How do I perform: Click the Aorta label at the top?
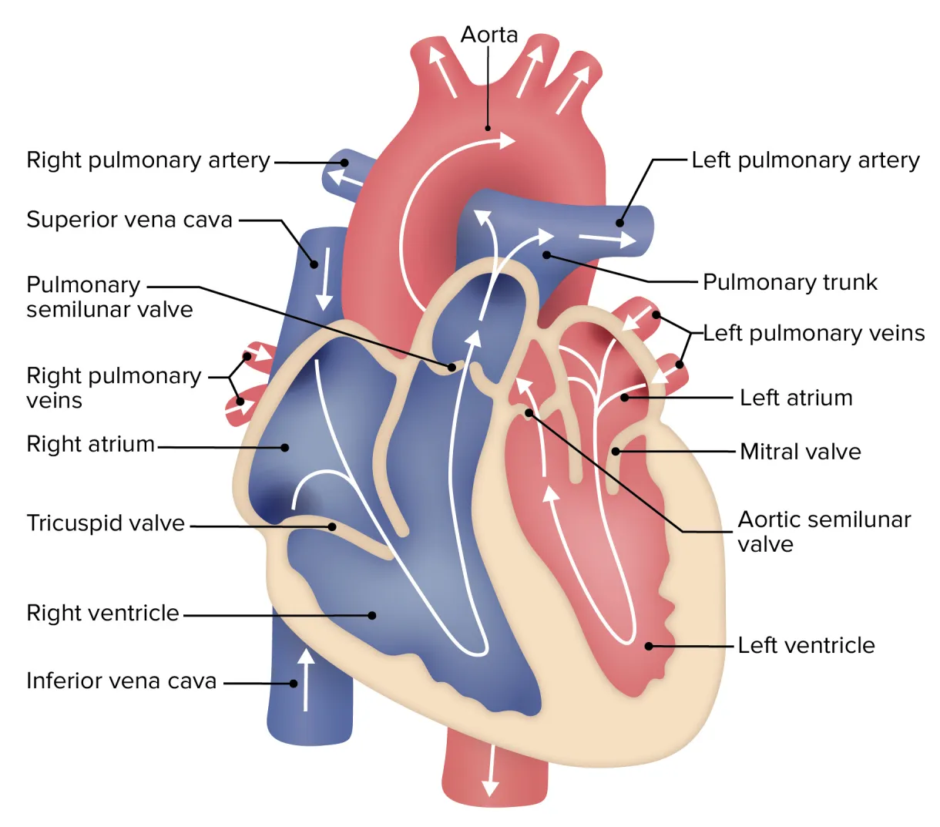point(488,35)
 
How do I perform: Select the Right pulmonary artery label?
point(148,160)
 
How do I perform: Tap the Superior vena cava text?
point(129,220)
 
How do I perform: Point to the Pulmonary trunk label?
point(790,282)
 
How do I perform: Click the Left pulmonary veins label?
point(814,333)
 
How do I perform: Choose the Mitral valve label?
point(800,452)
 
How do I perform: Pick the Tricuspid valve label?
point(106,523)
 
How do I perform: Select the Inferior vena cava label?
point(121,681)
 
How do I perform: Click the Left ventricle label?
point(806,645)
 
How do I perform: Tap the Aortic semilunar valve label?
point(824,532)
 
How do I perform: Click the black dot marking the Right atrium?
point(285,447)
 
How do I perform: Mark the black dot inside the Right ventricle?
point(372,615)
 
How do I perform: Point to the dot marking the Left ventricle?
point(649,646)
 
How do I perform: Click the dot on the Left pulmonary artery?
point(619,224)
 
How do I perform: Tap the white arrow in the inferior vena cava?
point(307,678)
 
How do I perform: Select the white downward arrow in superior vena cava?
point(325,278)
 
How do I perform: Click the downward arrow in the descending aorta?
point(489,771)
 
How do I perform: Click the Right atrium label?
point(90,445)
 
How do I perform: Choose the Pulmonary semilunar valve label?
point(109,298)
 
